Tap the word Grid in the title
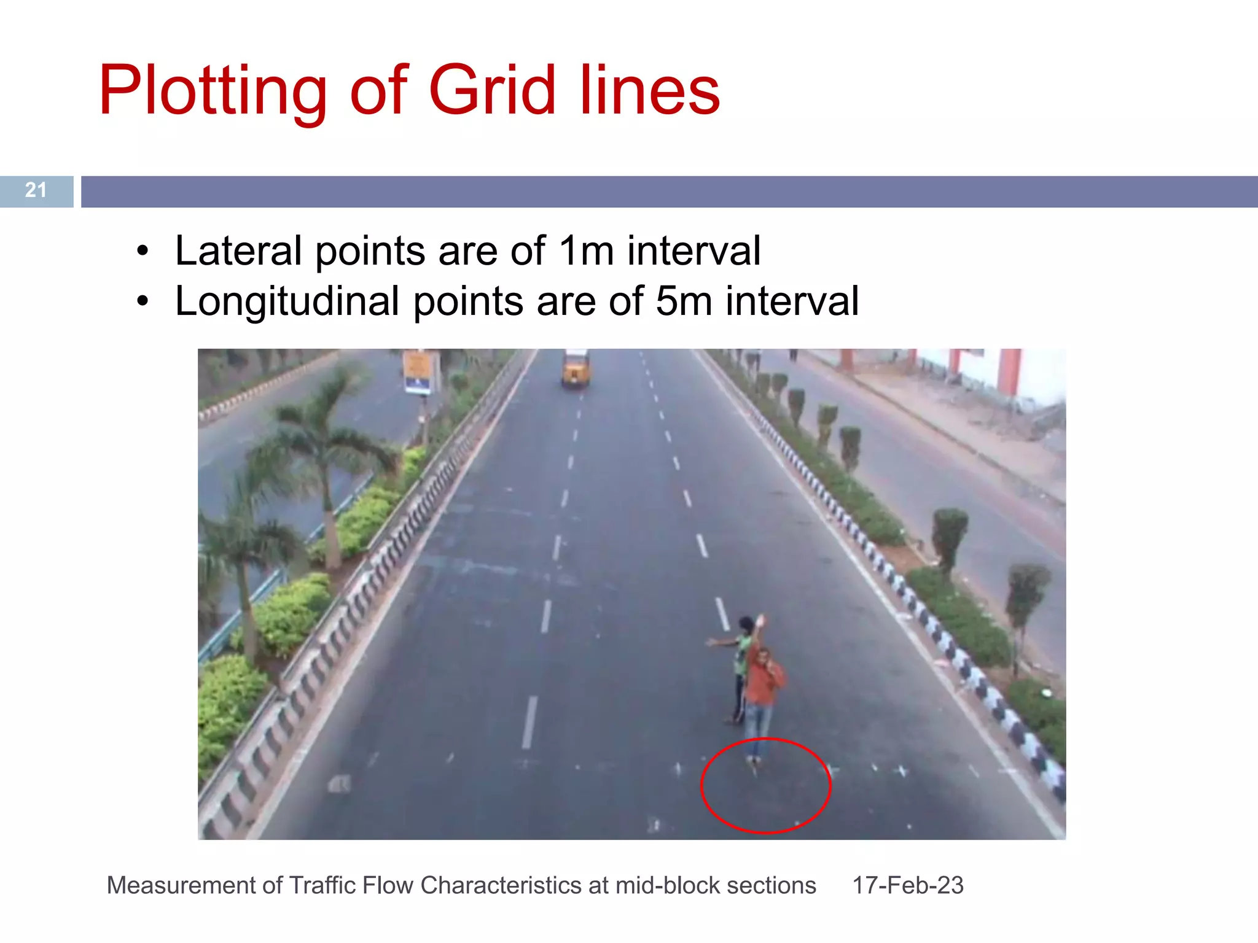coord(492,90)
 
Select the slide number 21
coord(36,190)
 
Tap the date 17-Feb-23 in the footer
coord(907,885)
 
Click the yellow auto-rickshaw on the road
coord(576,368)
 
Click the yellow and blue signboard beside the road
coord(418,372)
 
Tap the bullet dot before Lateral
coord(143,251)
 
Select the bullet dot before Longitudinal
coord(143,302)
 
